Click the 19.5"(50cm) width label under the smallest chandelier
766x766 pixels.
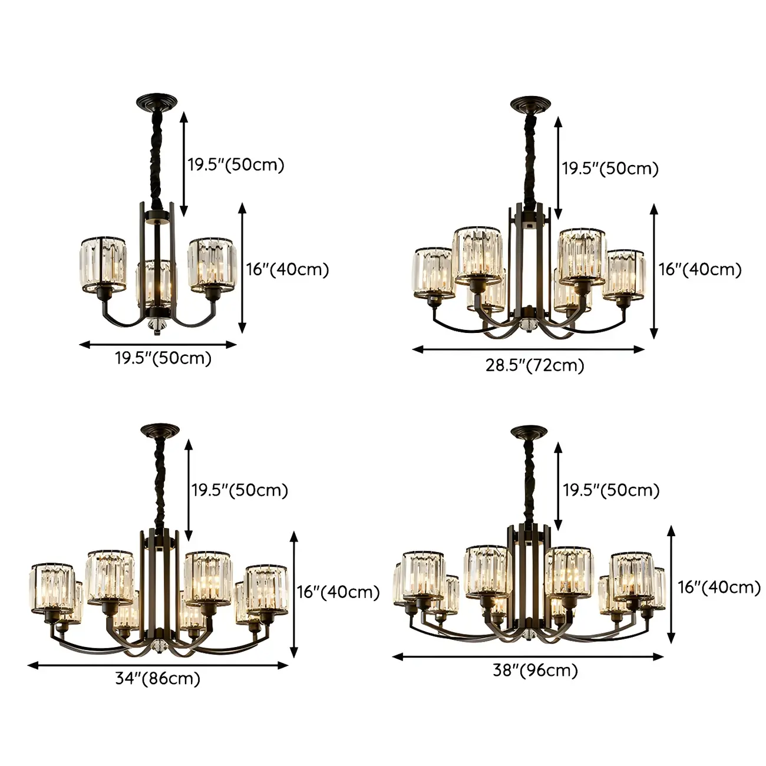click(x=163, y=358)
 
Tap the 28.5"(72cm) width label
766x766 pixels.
click(x=534, y=365)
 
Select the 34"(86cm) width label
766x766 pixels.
click(x=157, y=679)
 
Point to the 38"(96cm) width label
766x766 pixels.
click(x=535, y=670)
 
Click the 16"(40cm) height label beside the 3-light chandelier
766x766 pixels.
click(x=287, y=269)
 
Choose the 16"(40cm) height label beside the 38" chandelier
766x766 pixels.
click(x=719, y=587)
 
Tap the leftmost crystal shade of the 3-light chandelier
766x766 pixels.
click(x=103, y=265)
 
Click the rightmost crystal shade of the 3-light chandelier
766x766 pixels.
click(x=210, y=265)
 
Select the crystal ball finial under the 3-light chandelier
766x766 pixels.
click(x=157, y=326)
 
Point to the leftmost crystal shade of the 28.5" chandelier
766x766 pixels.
click(x=433, y=272)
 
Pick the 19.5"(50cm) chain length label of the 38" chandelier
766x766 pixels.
click(x=610, y=490)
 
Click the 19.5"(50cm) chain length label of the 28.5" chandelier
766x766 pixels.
click(x=609, y=169)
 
